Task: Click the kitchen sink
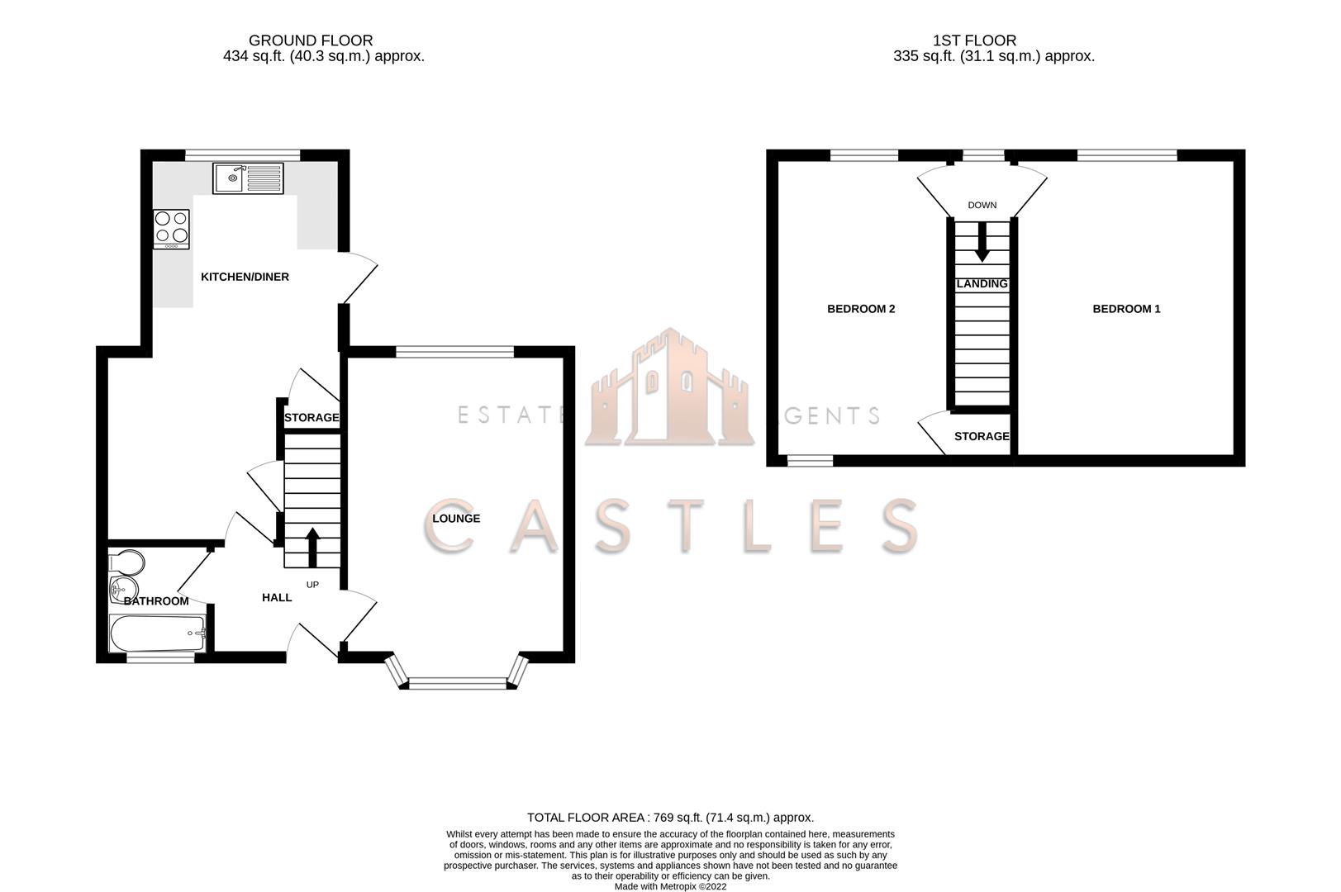coord(248,178)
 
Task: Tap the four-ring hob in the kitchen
coord(171,229)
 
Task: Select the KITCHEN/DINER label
coord(245,277)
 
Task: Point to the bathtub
coord(157,633)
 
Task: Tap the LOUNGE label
coord(456,519)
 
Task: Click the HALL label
coord(277,597)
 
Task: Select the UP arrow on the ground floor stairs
coord(312,545)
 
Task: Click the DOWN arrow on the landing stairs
coord(982,244)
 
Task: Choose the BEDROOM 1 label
coord(1126,309)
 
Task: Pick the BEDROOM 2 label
coord(861,309)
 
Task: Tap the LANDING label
coord(982,284)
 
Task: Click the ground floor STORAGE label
coord(311,418)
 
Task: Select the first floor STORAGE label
coord(982,436)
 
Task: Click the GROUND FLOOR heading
coord(311,40)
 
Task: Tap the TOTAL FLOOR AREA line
coord(670,818)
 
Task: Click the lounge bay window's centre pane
coord(457,682)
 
